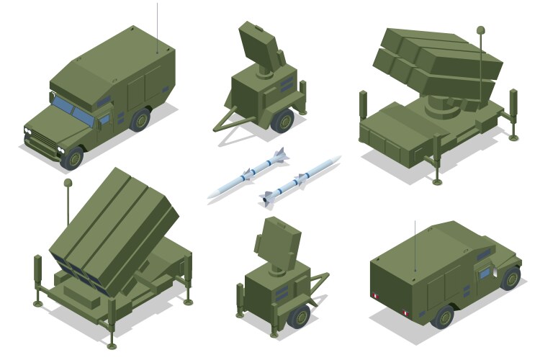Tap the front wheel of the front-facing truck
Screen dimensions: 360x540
71,158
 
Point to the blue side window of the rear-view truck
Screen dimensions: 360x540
485,272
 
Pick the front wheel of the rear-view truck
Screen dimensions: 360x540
510,277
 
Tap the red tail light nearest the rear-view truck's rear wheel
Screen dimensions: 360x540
405,315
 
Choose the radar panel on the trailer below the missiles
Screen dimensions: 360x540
277,241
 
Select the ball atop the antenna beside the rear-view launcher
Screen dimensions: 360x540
480,30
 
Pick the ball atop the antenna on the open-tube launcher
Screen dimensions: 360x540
68,185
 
